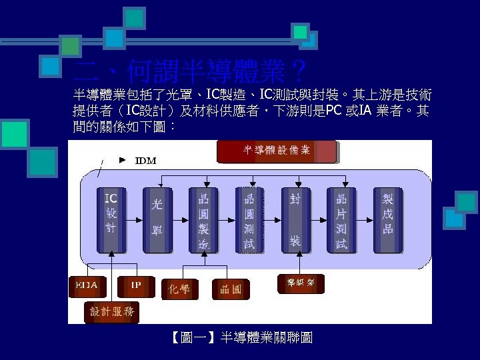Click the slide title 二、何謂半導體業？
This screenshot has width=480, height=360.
(x=190, y=70)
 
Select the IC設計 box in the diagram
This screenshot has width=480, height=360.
(x=111, y=219)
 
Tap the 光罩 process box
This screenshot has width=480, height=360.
(x=157, y=219)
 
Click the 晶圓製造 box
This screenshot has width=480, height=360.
(x=203, y=219)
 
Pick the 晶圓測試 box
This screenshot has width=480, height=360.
(x=249, y=219)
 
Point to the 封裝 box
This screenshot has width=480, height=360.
(x=295, y=219)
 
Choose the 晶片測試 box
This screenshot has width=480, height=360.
(x=341, y=219)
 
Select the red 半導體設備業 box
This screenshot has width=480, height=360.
(x=277, y=151)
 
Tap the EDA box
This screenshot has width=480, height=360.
(x=87, y=286)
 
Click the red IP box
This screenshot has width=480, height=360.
(x=136, y=286)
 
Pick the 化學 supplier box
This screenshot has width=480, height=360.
(x=180, y=289)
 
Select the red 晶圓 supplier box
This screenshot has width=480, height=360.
(x=231, y=289)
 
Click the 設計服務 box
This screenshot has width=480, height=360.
(x=112, y=311)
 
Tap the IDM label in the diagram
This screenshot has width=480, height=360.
(x=146, y=161)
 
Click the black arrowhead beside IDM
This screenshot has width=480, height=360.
(x=122, y=160)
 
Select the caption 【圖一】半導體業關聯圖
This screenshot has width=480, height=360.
(x=241, y=339)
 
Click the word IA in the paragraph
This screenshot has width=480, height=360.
(x=365, y=109)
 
